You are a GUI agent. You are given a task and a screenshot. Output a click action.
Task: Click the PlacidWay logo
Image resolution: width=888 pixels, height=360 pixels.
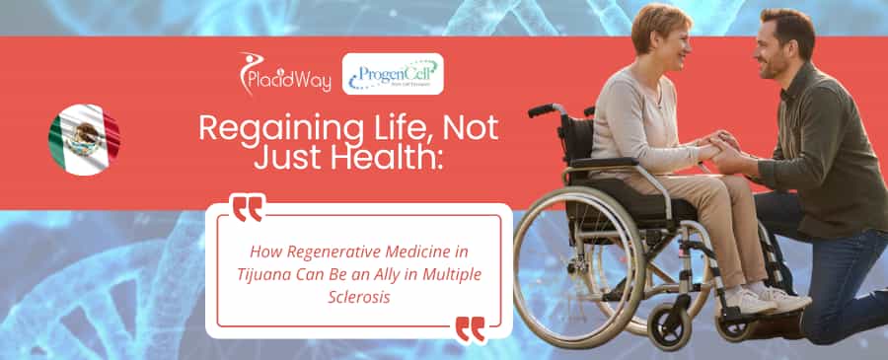[x=285, y=73]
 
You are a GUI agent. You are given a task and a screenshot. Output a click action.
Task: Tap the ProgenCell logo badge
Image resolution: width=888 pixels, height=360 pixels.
[x=393, y=74]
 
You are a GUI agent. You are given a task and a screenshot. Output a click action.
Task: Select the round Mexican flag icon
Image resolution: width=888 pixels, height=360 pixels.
[x=84, y=139]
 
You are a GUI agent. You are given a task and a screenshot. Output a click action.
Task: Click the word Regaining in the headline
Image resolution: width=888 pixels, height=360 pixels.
[x=263, y=128]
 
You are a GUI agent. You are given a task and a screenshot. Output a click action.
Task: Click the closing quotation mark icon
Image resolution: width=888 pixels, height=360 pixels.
[x=470, y=328]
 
